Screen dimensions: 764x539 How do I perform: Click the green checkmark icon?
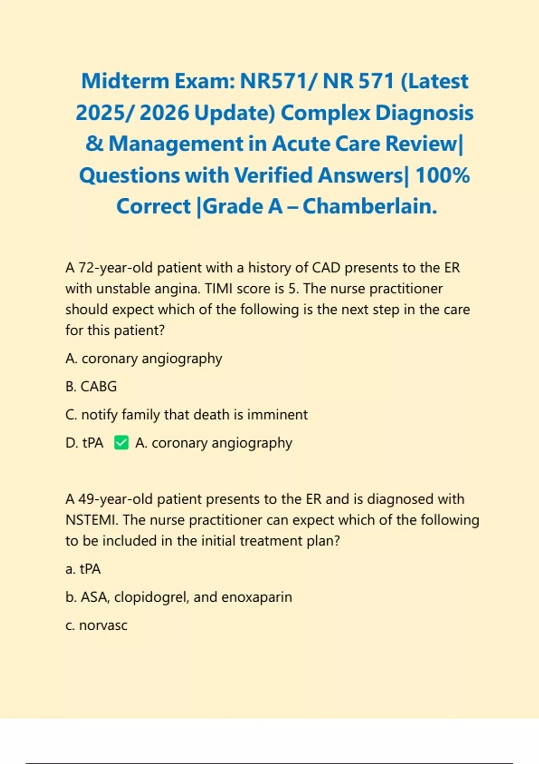point(121,443)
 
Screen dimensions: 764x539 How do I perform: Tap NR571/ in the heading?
point(278,81)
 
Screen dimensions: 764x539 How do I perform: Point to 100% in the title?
point(442,175)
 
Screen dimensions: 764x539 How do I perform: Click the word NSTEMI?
point(91,520)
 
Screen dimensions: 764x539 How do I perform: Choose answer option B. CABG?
point(91,386)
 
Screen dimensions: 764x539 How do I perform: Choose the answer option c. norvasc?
point(97,626)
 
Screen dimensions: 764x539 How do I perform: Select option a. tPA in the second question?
point(83,569)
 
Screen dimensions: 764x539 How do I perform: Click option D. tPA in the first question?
point(84,443)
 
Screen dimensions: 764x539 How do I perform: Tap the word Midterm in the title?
point(125,81)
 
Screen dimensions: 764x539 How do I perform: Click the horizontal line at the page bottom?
point(269,763)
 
